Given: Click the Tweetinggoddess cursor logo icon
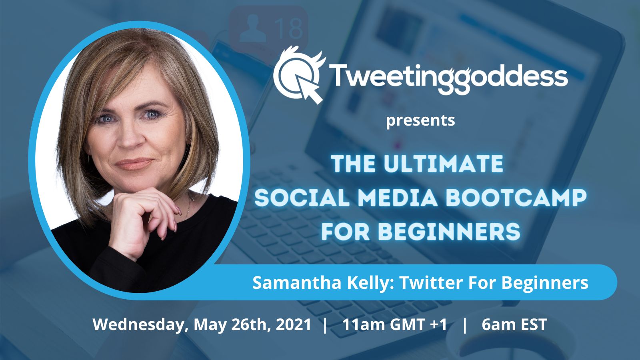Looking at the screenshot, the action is (x=298, y=75).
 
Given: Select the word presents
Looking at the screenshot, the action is (x=420, y=121).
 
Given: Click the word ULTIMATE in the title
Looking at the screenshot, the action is (x=444, y=164).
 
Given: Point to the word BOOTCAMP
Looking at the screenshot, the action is (x=516, y=198).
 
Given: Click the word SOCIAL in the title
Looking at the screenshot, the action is (x=302, y=198).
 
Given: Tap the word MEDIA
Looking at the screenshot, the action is (x=398, y=198).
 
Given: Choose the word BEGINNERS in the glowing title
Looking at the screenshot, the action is (x=449, y=232).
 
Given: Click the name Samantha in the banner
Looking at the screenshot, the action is (x=297, y=282).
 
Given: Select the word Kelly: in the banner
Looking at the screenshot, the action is (x=370, y=283).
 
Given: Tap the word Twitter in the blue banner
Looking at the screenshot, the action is (x=431, y=282).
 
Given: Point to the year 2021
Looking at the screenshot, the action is (x=294, y=324).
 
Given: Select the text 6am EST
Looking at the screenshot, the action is (x=514, y=324).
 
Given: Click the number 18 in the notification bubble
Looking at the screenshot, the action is (x=288, y=28).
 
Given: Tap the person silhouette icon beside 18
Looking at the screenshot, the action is (x=253, y=28).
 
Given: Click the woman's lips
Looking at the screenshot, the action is (x=134, y=164).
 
